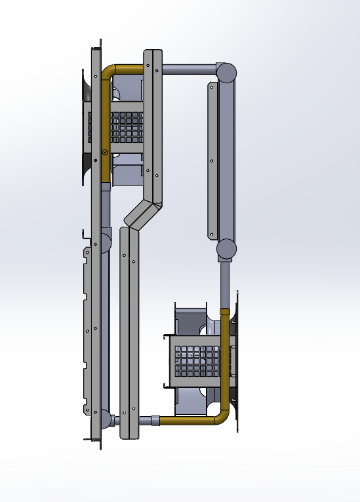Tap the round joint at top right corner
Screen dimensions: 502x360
(x=227, y=72)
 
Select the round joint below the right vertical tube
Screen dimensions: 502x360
(x=226, y=249)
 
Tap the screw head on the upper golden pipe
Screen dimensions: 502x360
(x=104, y=152)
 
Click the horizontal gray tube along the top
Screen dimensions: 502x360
(x=189, y=68)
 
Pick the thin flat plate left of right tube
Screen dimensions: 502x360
(x=211, y=161)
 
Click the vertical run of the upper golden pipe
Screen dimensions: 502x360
(x=105, y=125)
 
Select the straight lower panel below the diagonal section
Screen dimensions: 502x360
(x=129, y=328)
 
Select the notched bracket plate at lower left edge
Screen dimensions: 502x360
(x=87, y=328)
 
